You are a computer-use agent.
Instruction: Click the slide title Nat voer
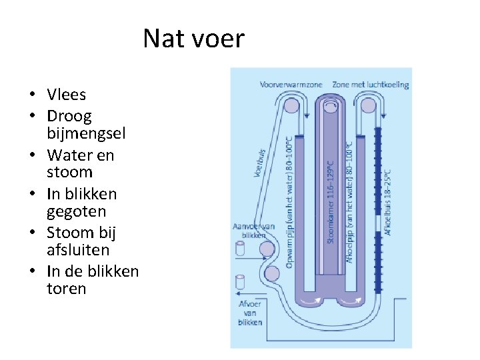coord(193,39)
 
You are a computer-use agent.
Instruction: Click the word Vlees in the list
coord(67,95)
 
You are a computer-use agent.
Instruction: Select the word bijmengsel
coord(86,133)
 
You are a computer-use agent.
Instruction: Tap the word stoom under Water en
coord(70,173)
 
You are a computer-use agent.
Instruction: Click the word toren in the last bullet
coord(67,289)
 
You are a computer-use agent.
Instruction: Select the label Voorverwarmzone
coord(291,85)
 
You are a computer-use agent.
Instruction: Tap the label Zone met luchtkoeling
coord(370,85)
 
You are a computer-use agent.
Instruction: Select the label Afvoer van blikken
coord(250,313)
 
